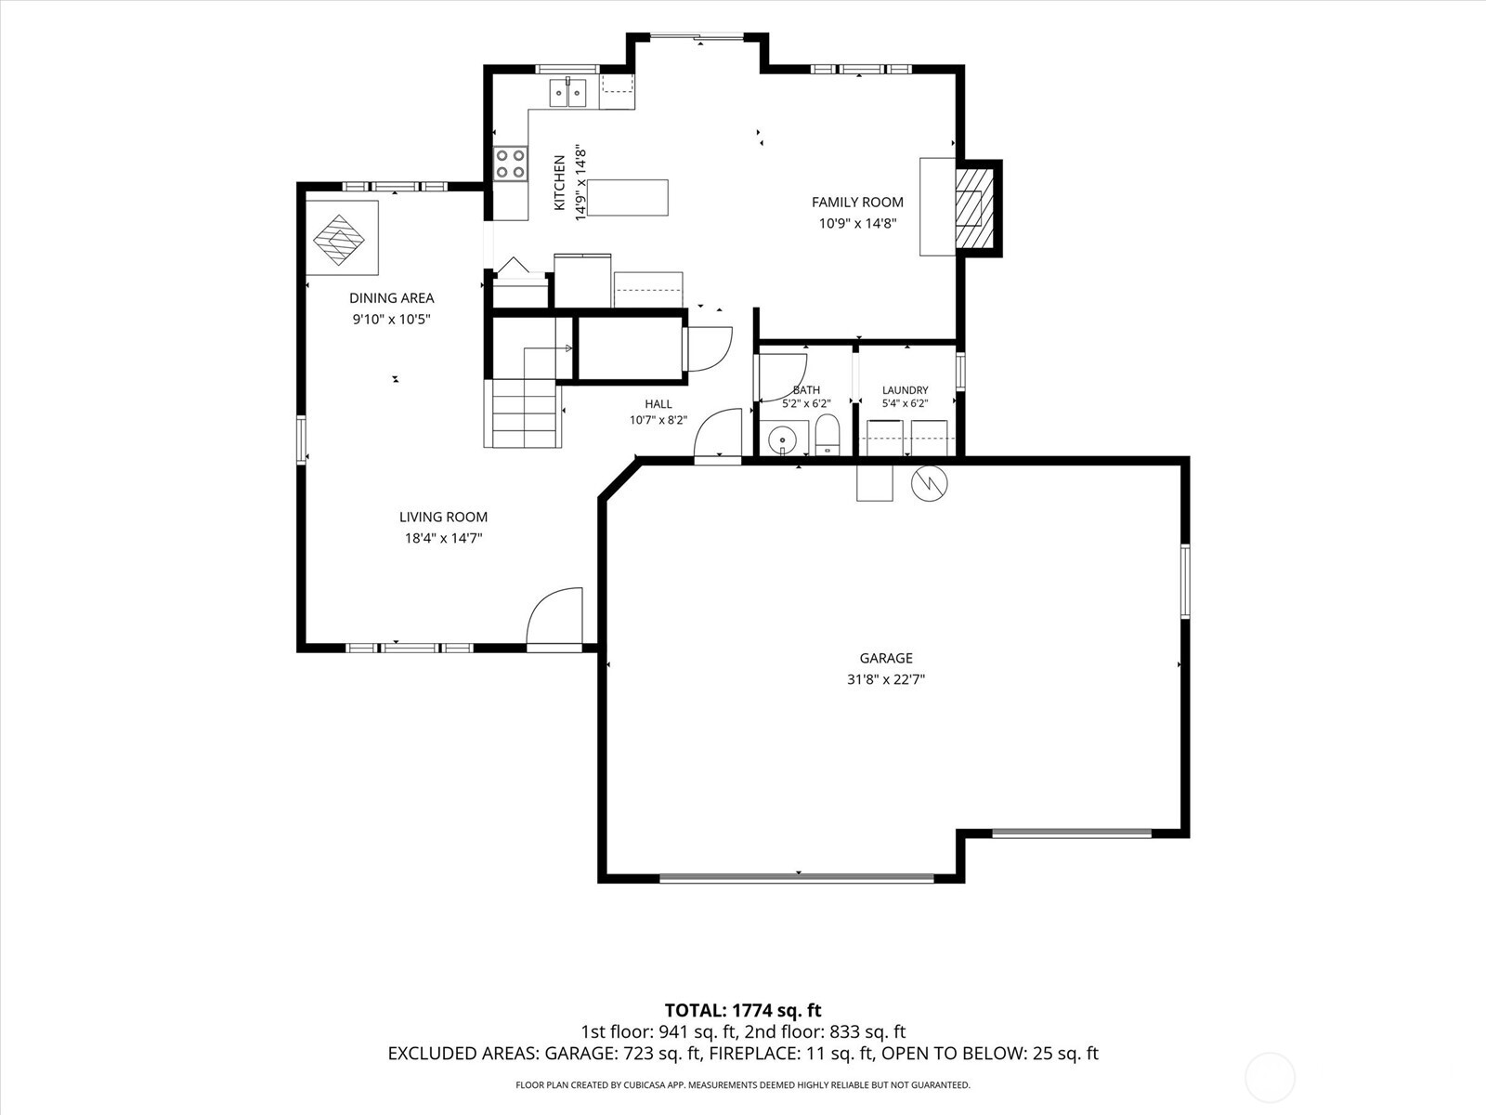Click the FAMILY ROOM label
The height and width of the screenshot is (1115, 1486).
point(857,202)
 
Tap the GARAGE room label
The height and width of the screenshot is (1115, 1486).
point(885,658)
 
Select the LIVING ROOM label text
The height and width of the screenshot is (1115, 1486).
point(443,518)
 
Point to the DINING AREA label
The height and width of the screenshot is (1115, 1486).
point(391,298)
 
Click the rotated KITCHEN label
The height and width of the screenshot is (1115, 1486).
point(560,183)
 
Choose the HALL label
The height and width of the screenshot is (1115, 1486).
point(658,404)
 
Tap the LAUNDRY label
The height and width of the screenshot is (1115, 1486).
point(905,390)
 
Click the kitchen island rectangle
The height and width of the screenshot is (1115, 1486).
point(628,198)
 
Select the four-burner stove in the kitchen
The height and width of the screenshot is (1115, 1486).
point(511,164)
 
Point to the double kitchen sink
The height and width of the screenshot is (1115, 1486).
point(567,93)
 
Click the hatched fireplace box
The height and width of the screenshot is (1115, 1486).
point(974,208)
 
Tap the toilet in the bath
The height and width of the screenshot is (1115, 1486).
point(827,435)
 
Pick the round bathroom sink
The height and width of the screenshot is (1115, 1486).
point(783,440)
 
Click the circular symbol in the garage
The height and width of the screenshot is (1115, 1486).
point(929,483)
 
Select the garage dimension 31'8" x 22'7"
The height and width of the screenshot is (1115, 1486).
point(885,679)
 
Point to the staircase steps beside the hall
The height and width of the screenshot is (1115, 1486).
point(523,413)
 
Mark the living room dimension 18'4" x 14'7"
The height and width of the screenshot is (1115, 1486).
point(443,538)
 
